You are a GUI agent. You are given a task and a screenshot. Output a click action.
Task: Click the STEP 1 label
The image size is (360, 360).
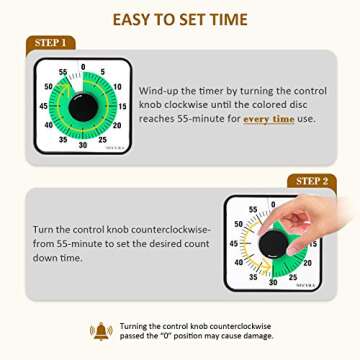coord(50,43)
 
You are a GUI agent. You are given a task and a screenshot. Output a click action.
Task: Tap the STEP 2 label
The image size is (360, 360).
coord(311,181)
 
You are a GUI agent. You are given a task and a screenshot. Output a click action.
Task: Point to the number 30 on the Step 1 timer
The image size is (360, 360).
coord(84,144)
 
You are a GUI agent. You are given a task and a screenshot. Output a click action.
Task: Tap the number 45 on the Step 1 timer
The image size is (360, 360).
coord(45,105)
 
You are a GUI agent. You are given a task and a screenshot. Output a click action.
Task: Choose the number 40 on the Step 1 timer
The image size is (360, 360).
coord(50,125)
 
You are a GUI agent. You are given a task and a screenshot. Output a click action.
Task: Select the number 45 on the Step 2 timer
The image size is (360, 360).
coord(234,242)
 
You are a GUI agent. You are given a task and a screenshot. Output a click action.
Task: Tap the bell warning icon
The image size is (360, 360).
coord(101,330)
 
